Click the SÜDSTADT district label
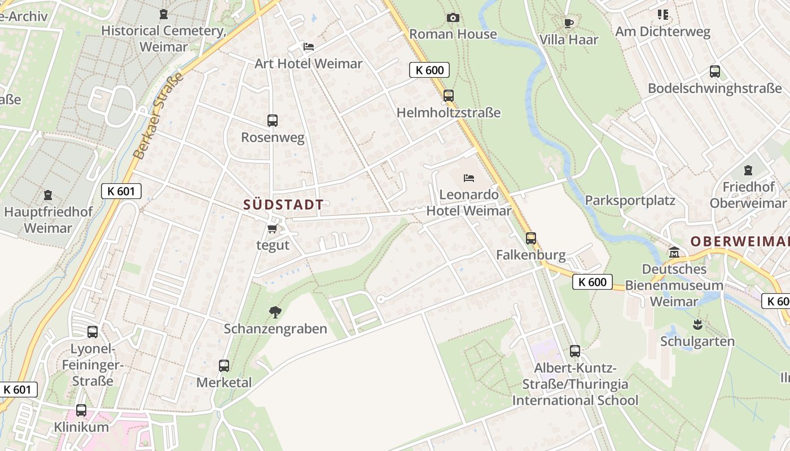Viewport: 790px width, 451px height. pyautogui.click(x=283, y=205)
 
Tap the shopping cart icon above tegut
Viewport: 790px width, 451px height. pyautogui.click(x=273, y=228)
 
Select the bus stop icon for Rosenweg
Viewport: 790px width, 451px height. pyautogui.click(x=273, y=120)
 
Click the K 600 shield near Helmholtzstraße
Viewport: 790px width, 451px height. pyautogui.click(x=429, y=70)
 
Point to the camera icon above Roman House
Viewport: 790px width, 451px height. pyautogui.click(x=453, y=17)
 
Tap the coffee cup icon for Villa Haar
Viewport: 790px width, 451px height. pyautogui.click(x=568, y=23)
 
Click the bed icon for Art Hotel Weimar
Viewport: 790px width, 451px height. pyautogui.click(x=308, y=46)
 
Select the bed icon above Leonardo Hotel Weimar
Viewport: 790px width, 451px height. pyautogui.click(x=469, y=178)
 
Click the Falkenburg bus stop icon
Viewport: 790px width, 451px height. pyautogui.click(x=531, y=238)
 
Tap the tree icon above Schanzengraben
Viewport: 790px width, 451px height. pyautogui.click(x=275, y=311)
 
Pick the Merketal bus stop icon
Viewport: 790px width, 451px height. pyautogui.click(x=224, y=365)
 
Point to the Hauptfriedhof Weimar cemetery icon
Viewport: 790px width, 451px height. pyautogui.click(x=48, y=195)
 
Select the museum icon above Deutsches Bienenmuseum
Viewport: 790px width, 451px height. pyautogui.click(x=674, y=252)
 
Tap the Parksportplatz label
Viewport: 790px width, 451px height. pyautogui.click(x=630, y=200)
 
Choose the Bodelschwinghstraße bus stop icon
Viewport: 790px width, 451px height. pyautogui.click(x=715, y=72)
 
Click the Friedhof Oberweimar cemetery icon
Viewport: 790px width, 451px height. pyautogui.click(x=748, y=170)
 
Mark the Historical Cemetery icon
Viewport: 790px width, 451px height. pyautogui.click(x=164, y=14)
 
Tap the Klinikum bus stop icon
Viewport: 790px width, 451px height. pyautogui.click(x=81, y=410)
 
